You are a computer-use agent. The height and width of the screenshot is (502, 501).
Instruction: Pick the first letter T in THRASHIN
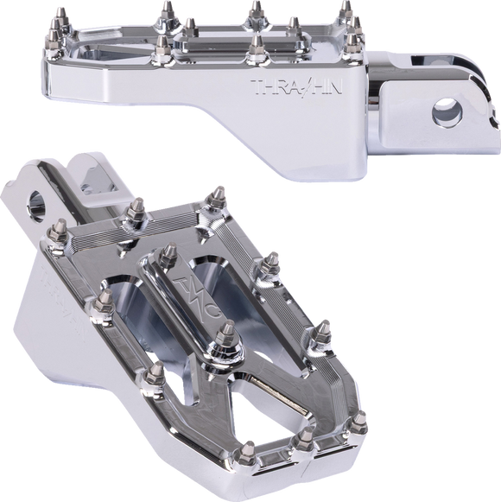255,87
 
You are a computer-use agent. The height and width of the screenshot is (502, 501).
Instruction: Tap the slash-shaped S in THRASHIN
301,87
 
